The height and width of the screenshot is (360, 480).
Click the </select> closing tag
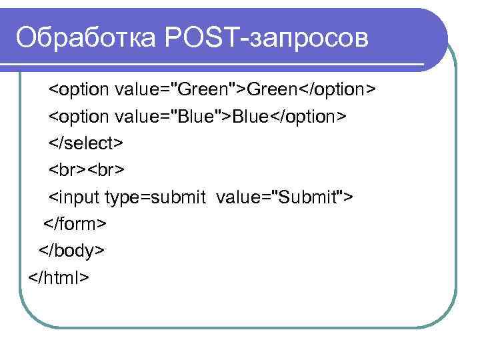click(x=85, y=143)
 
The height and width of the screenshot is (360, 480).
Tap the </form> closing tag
click(x=75, y=223)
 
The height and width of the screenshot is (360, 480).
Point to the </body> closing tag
click(x=71, y=250)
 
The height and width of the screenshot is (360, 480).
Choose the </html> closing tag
click(x=59, y=276)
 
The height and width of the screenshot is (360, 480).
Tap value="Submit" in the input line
click(x=283, y=197)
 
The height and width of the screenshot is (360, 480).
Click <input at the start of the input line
click(x=75, y=197)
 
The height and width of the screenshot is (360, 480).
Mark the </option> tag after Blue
click(x=308, y=116)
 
